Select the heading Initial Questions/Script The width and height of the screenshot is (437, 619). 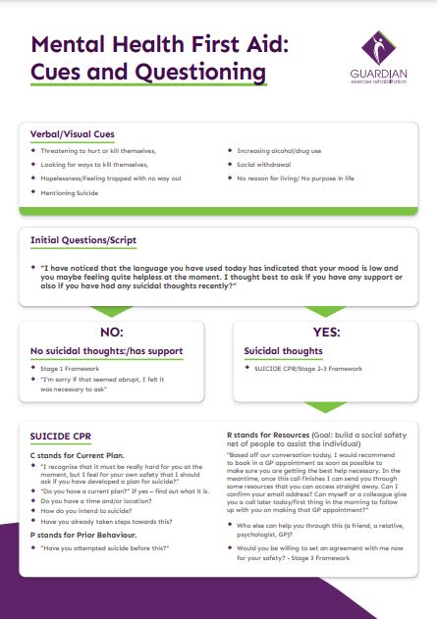[x=83, y=239]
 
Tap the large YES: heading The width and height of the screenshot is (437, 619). [x=328, y=332]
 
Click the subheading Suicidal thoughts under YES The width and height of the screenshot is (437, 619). [x=285, y=350]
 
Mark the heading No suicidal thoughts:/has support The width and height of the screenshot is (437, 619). [x=106, y=350]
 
